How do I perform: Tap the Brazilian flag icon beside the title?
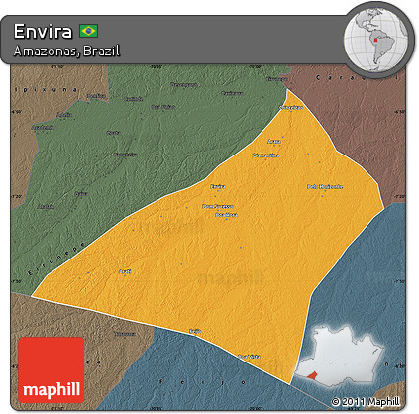click(89, 31)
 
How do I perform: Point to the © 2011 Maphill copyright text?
click(366, 400)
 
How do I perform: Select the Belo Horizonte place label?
click(325, 186)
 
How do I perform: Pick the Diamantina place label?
click(265, 155)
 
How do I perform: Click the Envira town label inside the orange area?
click(218, 185)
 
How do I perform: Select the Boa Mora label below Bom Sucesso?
click(226, 214)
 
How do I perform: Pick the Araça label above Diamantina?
click(275, 142)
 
